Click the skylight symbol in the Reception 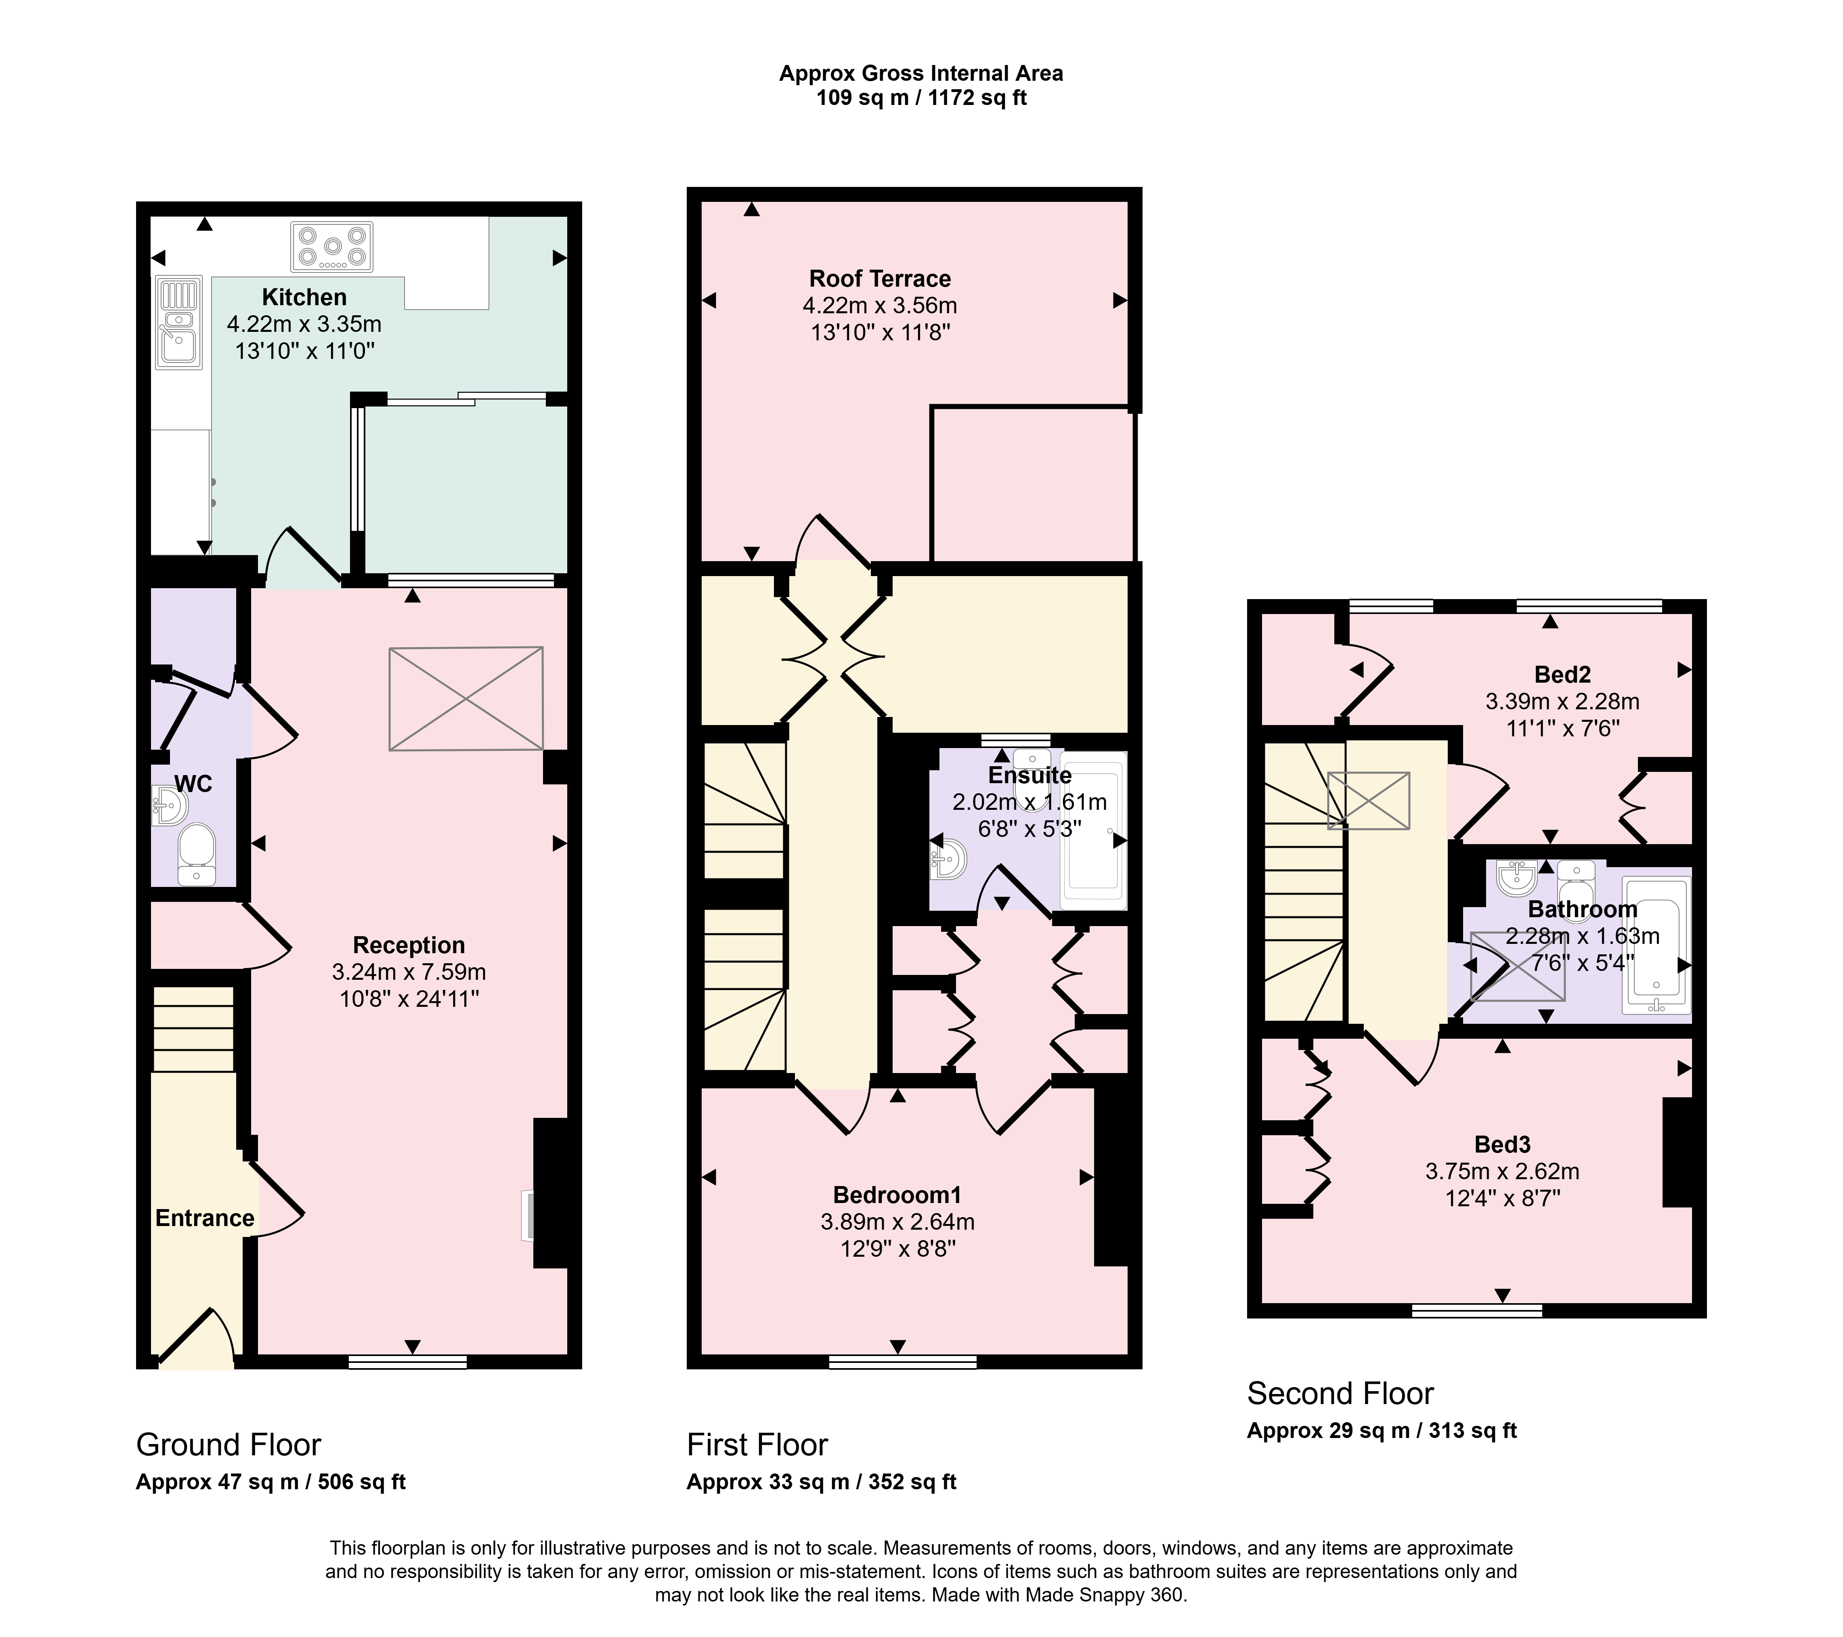coord(466,699)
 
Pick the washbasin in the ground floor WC coord(168,805)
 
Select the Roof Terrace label coord(880,279)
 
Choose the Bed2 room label coord(1562,674)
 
